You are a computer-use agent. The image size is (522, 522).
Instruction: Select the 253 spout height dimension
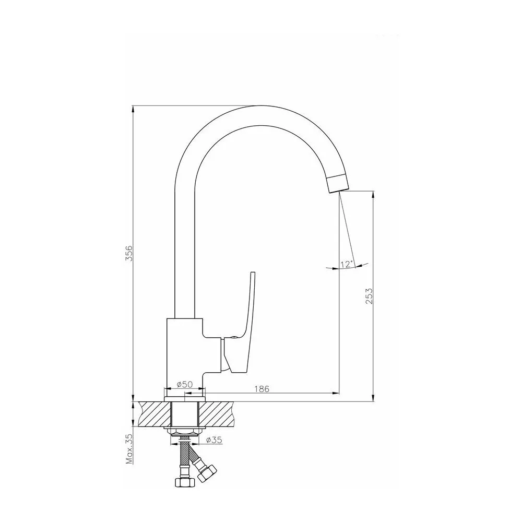369,295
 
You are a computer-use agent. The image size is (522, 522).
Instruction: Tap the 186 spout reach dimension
262,388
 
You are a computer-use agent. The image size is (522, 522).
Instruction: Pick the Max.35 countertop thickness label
129,449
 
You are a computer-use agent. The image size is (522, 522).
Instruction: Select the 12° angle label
346,264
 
